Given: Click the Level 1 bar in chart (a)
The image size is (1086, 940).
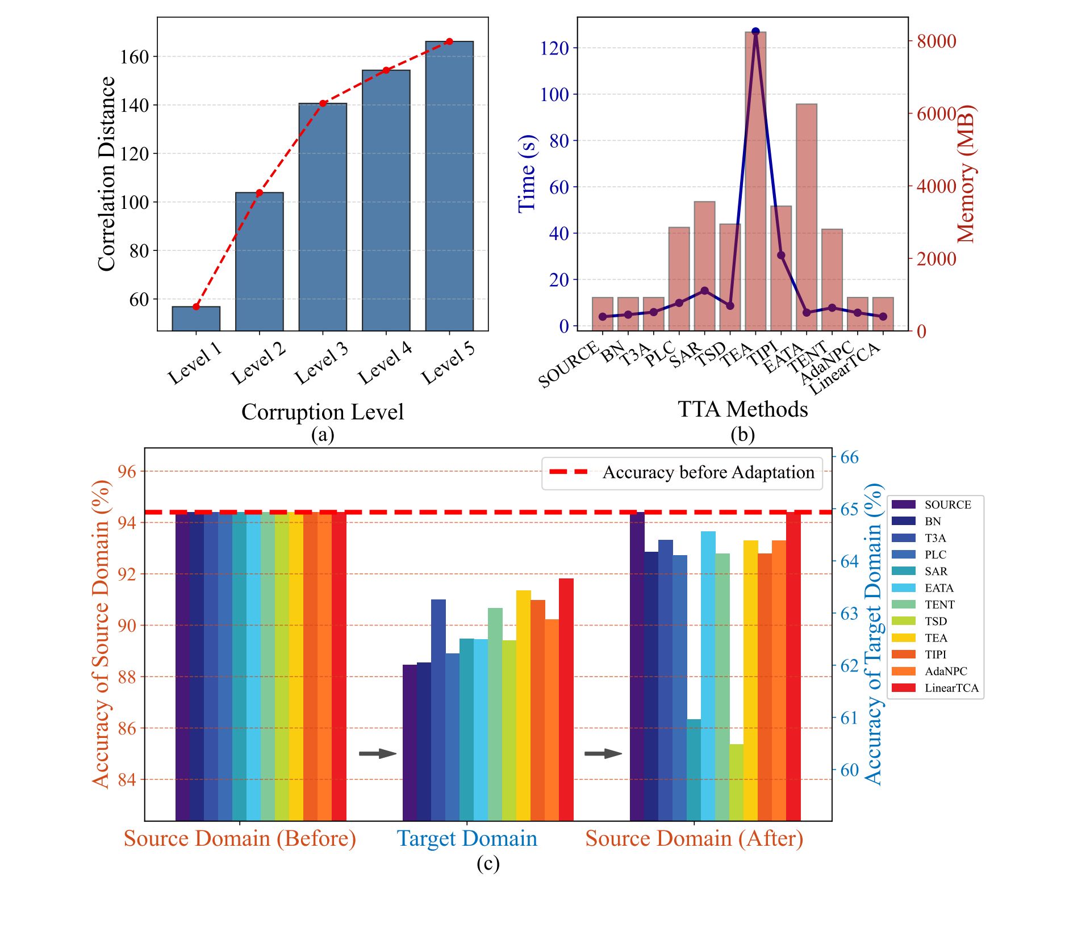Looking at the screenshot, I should [196, 318].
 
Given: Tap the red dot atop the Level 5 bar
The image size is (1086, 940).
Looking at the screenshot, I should [449, 41].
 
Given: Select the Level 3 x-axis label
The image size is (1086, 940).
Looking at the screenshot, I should [321, 363].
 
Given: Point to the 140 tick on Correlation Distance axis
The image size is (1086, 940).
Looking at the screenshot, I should [134, 105].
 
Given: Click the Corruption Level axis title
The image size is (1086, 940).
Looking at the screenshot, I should [322, 412].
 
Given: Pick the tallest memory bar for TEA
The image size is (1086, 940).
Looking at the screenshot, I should [755, 182].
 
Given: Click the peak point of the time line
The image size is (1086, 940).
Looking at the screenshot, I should [755, 32].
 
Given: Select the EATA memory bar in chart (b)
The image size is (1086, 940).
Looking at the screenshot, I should [806, 216].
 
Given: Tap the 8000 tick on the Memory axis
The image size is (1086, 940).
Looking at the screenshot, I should [937, 41].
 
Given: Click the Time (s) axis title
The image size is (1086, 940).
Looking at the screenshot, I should [527, 174].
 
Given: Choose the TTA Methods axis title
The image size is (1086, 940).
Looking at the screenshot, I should [742, 409].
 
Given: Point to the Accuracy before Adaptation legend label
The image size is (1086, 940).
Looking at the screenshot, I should [708, 472].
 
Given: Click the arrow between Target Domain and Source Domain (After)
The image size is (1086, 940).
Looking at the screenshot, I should [603, 754].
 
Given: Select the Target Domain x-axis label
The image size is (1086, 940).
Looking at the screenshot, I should [466, 838].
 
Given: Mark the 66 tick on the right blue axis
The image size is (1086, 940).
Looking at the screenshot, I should [849, 458].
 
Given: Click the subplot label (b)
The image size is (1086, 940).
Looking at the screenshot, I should [742, 434].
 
